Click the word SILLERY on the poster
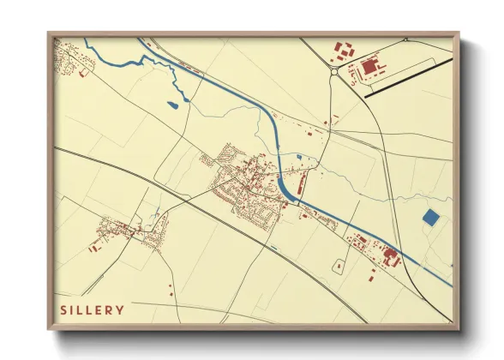coord(92,310)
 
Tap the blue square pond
coord(430,218)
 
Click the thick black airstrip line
coord(407,80)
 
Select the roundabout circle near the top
coord(334,74)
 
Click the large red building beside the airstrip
coord(371,65)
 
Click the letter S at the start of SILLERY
coord(63,310)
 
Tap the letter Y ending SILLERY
coord(120,310)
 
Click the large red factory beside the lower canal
coord(391,254)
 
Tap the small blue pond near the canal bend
coord(297,157)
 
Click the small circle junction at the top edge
coord(405,39)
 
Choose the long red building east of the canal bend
coord(301,182)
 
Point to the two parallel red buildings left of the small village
coord(93,246)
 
